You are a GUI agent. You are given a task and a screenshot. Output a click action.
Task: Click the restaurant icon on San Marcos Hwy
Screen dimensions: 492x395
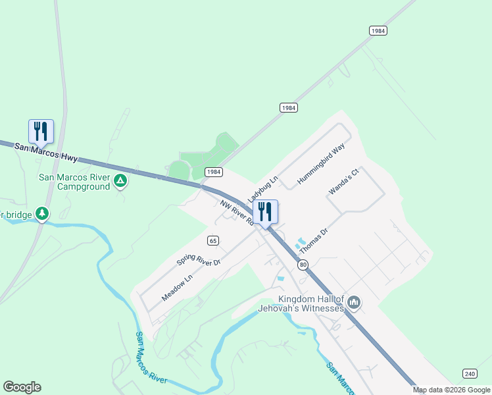[41, 131]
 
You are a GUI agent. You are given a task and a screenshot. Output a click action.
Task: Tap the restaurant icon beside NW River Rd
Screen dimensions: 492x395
[265, 212]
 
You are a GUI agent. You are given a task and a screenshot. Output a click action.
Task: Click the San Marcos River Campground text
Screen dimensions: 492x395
[74, 182]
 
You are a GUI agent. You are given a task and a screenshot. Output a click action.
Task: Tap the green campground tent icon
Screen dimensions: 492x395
[120, 180]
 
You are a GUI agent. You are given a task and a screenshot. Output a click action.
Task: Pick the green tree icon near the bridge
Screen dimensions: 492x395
[42, 213]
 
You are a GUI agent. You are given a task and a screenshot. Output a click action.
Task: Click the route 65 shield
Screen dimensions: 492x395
[212, 240]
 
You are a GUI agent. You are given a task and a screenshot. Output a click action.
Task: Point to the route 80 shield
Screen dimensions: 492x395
[303, 265]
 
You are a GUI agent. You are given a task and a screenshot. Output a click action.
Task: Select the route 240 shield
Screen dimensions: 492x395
[470, 373]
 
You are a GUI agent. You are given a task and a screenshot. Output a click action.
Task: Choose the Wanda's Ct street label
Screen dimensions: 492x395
[345, 182]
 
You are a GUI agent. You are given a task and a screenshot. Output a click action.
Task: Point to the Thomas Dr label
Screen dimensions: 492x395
[313, 242]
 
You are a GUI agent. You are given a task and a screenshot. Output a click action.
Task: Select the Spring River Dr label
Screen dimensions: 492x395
[198, 253]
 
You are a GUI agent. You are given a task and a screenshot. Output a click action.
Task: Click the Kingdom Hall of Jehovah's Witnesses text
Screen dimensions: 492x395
[311, 304]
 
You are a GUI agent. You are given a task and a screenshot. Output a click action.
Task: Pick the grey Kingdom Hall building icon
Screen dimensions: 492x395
[354, 303]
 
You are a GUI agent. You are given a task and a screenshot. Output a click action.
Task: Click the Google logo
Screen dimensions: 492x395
[22, 387]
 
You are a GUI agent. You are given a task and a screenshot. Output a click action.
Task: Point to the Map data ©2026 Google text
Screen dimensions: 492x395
[451, 390]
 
